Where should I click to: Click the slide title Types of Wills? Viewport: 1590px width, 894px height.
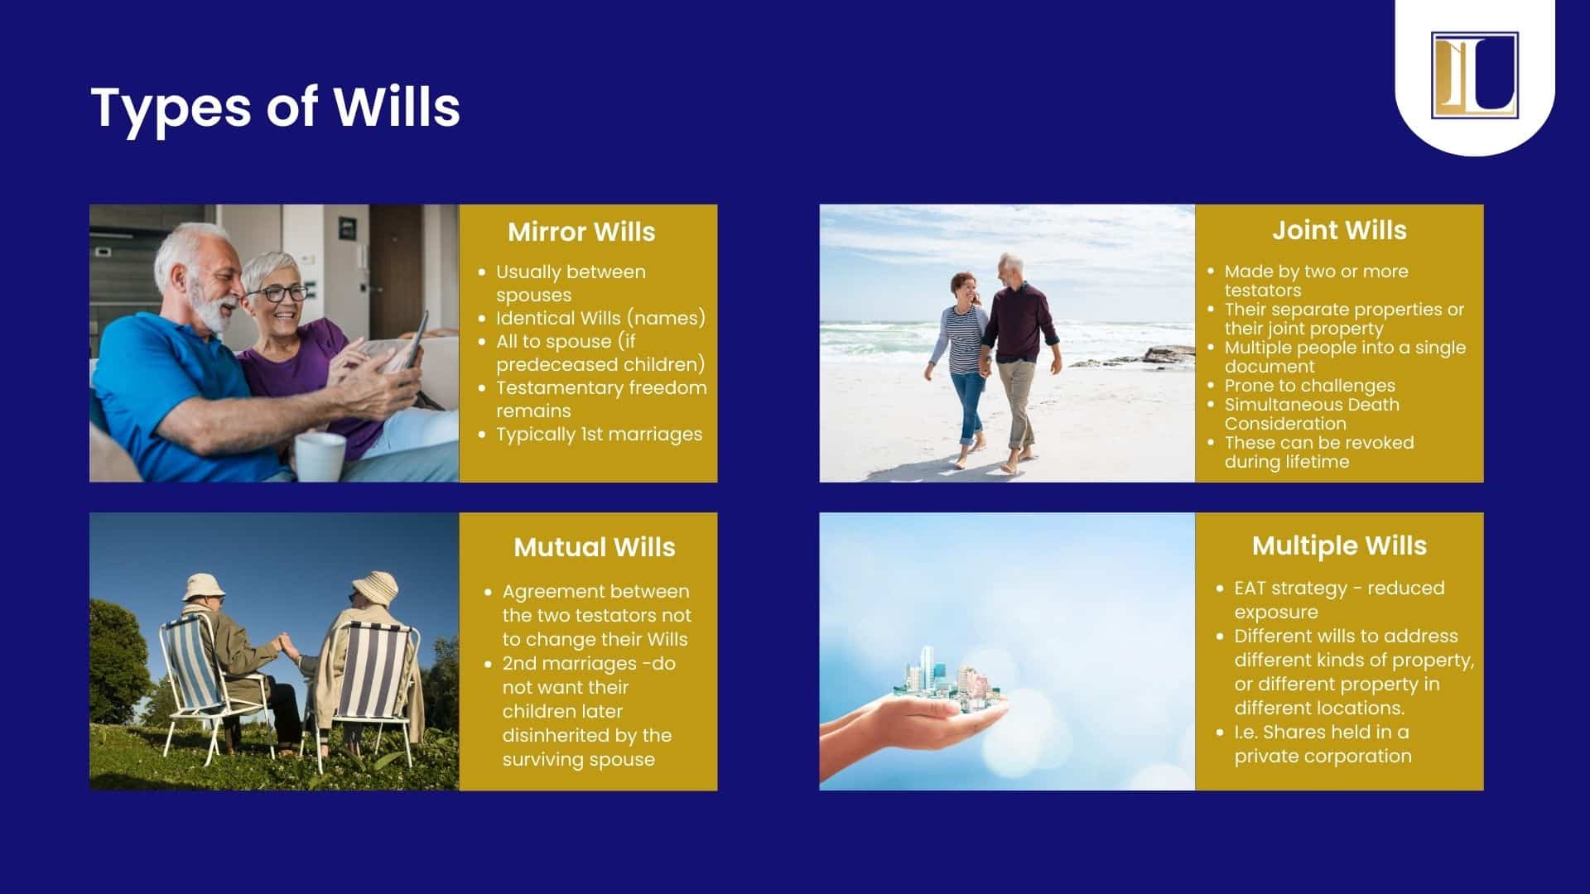[275, 108]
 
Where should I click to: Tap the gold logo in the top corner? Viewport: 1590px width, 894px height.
[1474, 74]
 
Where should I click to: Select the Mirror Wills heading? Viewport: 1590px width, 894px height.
[581, 232]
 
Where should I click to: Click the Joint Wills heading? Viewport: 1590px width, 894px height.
[1339, 230]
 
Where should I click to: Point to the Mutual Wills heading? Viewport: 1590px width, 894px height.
[595, 547]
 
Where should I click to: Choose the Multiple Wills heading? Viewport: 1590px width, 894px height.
[1339, 546]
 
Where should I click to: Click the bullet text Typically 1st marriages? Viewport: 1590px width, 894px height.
[599, 434]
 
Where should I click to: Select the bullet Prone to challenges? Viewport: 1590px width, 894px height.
[1309, 386]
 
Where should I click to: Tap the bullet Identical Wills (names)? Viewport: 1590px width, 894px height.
[600, 318]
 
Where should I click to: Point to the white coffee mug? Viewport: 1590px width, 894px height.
[320, 456]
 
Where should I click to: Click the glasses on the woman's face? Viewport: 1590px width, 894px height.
[276, 293]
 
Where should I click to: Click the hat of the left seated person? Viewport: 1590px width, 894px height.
[204, 585]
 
